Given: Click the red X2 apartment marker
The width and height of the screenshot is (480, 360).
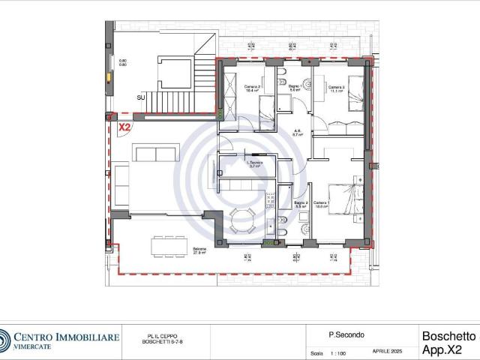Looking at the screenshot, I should click(x=124, y=127).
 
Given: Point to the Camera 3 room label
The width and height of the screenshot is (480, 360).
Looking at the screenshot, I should click(x=337, y=88).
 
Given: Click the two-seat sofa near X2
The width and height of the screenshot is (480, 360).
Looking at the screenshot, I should click(x=155, y=154).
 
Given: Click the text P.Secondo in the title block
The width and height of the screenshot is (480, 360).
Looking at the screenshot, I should click(x=341, y=335).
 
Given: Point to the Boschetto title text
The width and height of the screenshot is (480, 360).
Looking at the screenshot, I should click(x=448, y=336).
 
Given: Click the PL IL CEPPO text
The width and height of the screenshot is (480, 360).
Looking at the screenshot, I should click(x=157, y=336).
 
